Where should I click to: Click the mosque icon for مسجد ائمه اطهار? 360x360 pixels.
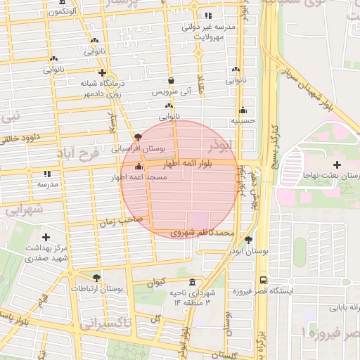(x=139, y=167)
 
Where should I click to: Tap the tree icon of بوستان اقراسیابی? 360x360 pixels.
(x=138, y=136)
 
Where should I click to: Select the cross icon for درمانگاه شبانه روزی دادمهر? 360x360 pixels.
(x=103, y=72)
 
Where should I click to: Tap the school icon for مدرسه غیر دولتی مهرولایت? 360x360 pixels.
(x=207, y=15)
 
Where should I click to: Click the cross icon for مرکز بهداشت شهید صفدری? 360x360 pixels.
(x=46, y=237)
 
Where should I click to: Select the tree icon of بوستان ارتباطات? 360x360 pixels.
(x=96, y=277)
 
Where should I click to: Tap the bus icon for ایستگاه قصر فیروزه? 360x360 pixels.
(x=263, y=279)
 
